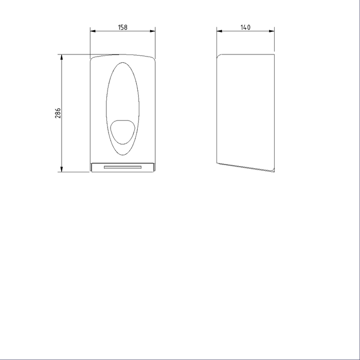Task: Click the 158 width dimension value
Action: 122,27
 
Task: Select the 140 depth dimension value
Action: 245,27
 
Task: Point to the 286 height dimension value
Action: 58,113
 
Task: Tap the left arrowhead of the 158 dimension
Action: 93,31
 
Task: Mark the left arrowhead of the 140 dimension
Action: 219,31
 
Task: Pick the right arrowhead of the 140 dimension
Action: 273,31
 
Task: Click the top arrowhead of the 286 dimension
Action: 62,56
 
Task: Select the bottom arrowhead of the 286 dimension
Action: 62,170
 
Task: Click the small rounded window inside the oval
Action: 123,131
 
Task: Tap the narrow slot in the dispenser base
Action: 122,167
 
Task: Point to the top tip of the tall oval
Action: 122,63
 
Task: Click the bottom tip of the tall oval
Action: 122,154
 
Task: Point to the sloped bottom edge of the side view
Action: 246,168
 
